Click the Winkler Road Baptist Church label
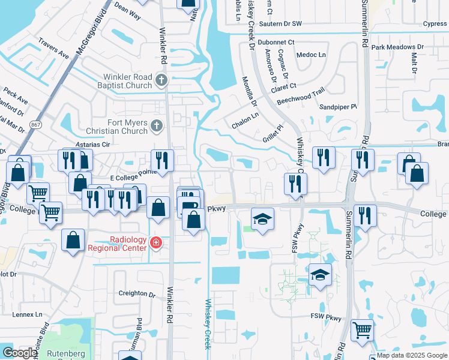(127, 81)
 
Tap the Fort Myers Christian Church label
(127, 127)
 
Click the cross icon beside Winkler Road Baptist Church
(160, 80)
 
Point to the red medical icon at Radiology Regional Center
(156, 243)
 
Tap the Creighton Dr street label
(136, 293)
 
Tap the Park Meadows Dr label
(397, 47)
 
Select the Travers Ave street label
(53, 48)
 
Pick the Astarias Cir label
(90, 145)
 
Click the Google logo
(19, 353)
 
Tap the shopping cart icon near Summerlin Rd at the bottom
(362, 329)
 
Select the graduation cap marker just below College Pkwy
(262, 218)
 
